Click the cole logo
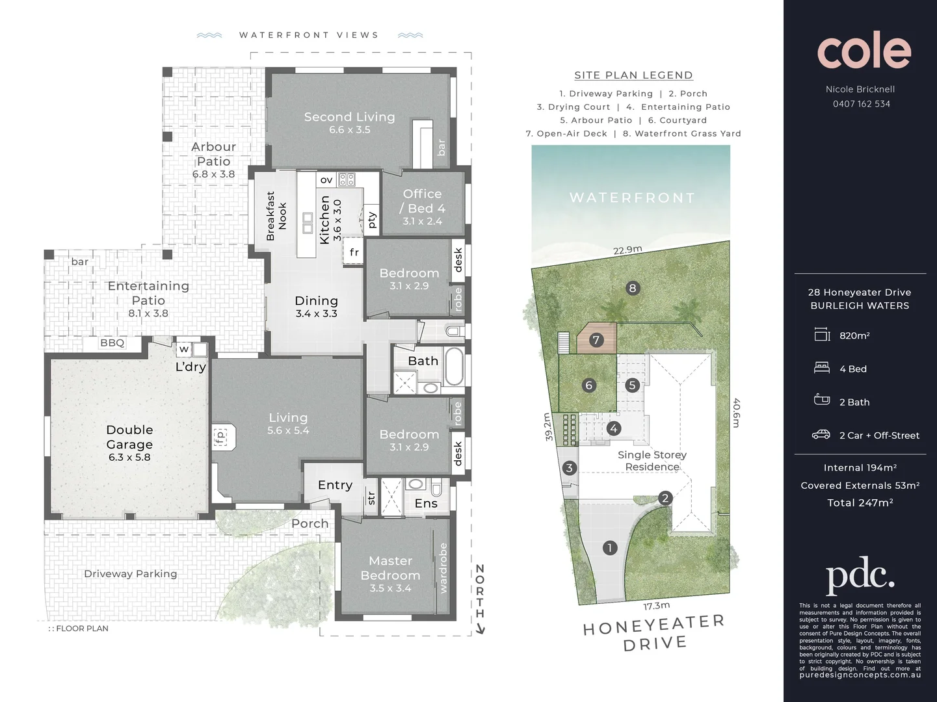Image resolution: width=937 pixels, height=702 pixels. (x=864, y=51)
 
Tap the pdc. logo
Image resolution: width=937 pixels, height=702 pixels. (x=860, y=575)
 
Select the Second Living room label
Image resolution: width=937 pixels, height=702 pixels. (x=349, y=117)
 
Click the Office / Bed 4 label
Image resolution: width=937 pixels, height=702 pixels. (x=422, y=201)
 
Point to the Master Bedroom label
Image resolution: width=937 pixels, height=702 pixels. (x=390, y=568)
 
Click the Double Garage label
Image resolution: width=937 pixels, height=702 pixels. (x=129, y=437)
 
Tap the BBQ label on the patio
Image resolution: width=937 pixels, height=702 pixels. (x=112, y=343)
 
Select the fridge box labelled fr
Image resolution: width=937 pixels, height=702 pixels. (x=354, y=252)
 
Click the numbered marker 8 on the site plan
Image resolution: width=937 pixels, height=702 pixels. (x=632, y=288)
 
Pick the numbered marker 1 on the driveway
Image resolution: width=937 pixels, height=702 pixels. (x=609, y=548)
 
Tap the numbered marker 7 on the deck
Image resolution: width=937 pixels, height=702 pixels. (x=596, y=340)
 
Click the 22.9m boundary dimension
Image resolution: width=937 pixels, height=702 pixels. (x=627, y=250)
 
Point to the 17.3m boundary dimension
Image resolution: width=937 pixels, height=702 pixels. (x=656, y=606)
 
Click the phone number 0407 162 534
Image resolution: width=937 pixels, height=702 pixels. (x=861, y=104)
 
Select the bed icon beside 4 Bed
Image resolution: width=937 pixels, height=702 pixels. (x=822, y=368)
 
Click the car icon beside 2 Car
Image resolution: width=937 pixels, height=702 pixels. (x=821, y=435)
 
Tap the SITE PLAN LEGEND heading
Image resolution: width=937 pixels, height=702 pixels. (x=633, y=75)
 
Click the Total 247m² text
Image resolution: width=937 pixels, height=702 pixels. (x=860, y=502)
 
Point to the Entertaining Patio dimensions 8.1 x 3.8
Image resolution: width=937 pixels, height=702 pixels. (x=148, y=313)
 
